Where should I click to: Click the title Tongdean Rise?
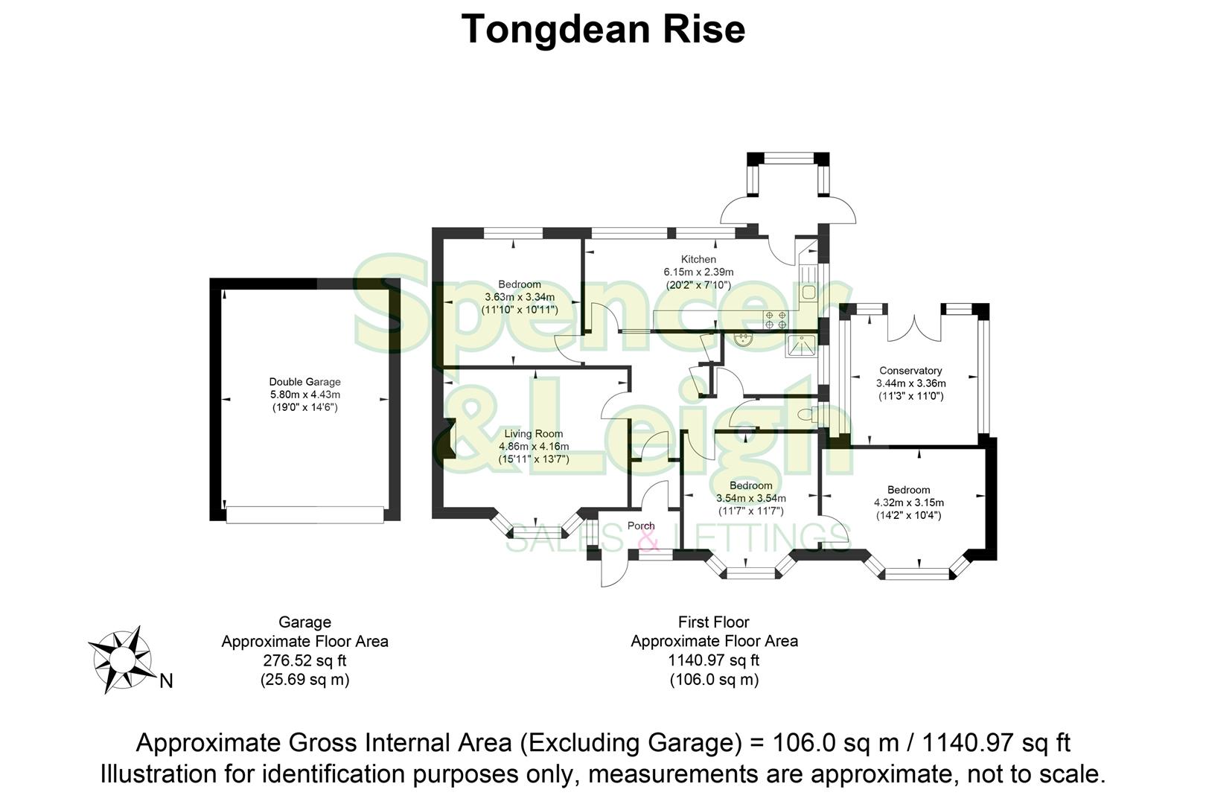click(603, 30)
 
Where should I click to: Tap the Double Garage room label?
click(304, 382)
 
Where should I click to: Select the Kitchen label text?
click(698, 259)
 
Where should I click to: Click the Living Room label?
click(533, 433)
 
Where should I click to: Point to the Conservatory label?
click(910, 370)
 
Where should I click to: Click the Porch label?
click(641, 526)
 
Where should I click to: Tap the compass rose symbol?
click(120, 659)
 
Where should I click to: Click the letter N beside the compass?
click(166, 680)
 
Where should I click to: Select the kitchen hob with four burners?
click(776, 320)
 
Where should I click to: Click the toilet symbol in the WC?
click(805, 414)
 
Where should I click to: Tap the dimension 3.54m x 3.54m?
click(750, 498)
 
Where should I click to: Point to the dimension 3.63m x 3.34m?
click(520, 297)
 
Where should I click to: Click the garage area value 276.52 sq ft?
click(304, 660)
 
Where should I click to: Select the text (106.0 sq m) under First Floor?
click(714, 679)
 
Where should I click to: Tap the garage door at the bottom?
click(304, 514)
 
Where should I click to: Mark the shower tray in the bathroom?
click(801, 346)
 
